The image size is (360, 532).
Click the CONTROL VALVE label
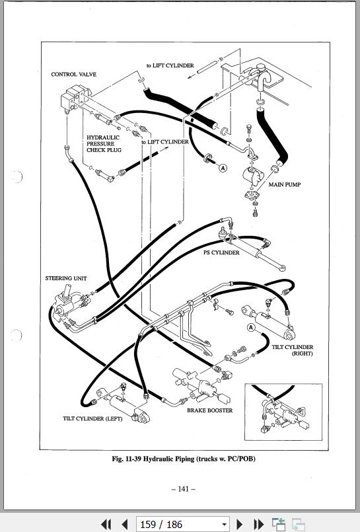tap(73, 74)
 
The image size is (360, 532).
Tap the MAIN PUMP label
tap(285, 184)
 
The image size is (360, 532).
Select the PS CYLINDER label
tap(221, 252)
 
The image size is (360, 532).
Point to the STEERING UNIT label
tap(66, 278)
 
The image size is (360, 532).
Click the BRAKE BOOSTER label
tap(210, 410)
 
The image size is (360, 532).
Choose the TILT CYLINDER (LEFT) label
tap(92, 418)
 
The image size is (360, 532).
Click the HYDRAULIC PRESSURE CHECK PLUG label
tap(104, 143)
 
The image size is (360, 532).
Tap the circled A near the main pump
tap(223, 168)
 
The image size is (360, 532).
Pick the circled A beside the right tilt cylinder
tap(251, 327)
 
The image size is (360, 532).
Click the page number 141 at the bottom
tap(183, 489)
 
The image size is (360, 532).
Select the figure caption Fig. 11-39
tap(184, 459)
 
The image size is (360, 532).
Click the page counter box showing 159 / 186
tap(182, 524)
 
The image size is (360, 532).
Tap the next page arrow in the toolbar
tap(239, 524)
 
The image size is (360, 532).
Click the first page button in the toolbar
tap(106, 524)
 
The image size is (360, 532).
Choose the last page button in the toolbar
tap(259, 524)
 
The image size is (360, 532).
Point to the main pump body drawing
tap(253, 176)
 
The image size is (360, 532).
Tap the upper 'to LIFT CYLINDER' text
tap(170, 65)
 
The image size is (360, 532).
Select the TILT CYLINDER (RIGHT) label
tap(292, 350)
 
